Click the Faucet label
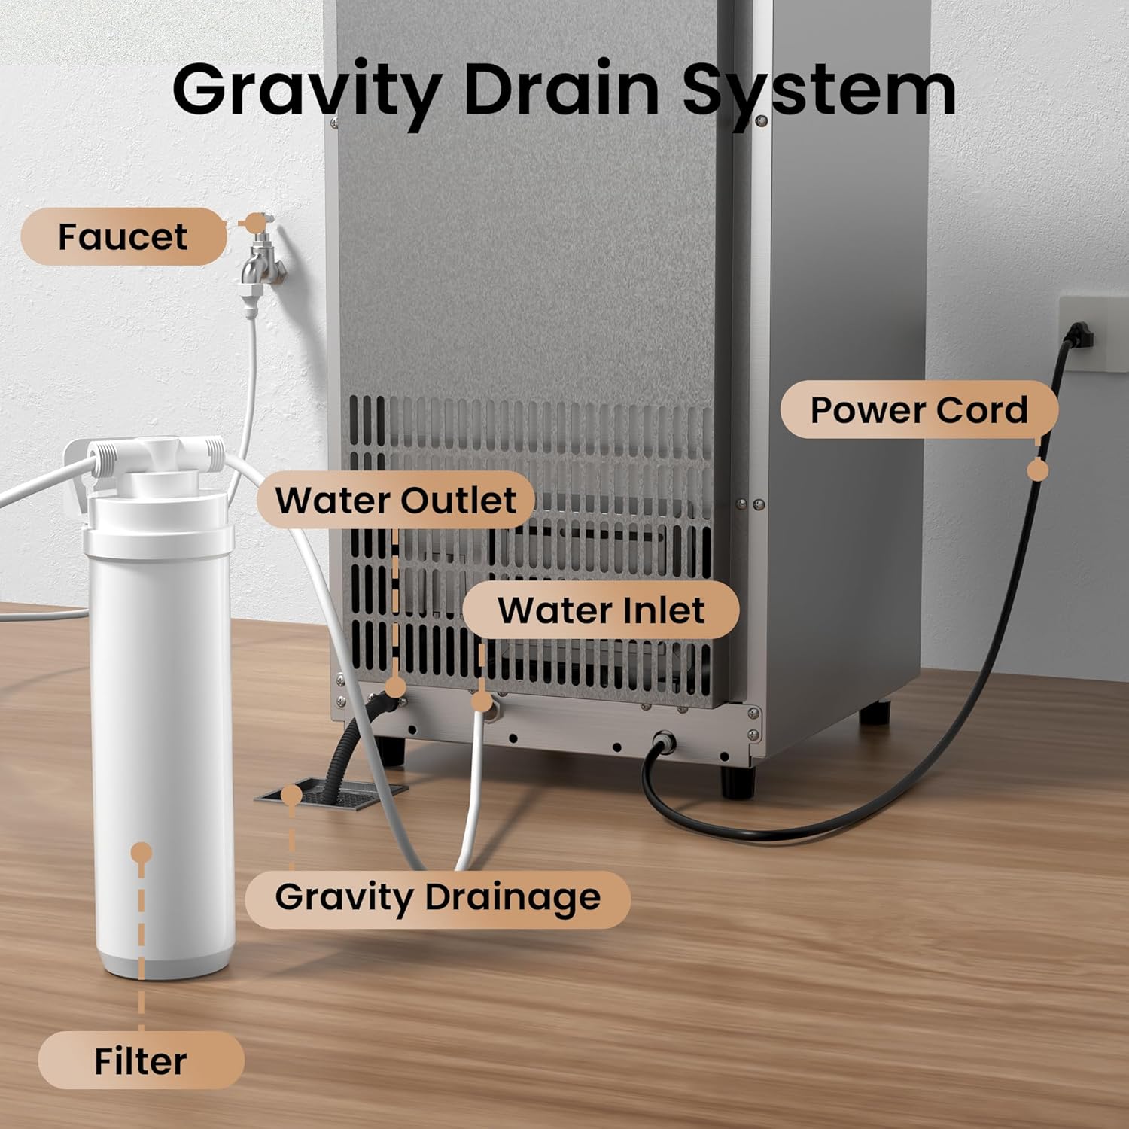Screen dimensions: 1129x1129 (123, 236)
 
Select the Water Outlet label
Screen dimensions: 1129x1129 (396, 500)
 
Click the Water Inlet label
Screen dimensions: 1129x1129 (601, 610)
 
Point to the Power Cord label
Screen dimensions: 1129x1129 (919, 409)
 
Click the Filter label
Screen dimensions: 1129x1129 (141, 1061)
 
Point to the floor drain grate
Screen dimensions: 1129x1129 (332, 794)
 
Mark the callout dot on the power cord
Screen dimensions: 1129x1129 (1038, 470)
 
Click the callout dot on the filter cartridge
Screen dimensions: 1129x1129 (142, 853)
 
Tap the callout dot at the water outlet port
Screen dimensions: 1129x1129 (394, 686)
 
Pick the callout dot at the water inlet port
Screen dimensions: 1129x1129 (481, 701)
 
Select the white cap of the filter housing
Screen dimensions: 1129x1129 (158, 519)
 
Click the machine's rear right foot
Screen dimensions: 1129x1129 (875, 711)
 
